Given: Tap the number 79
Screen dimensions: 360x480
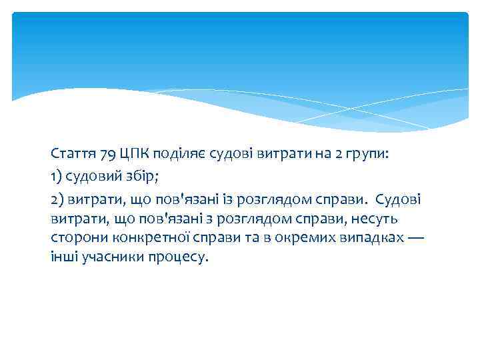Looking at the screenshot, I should click(107, 155).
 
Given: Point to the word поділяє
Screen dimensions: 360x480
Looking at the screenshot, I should click(175, 155).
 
